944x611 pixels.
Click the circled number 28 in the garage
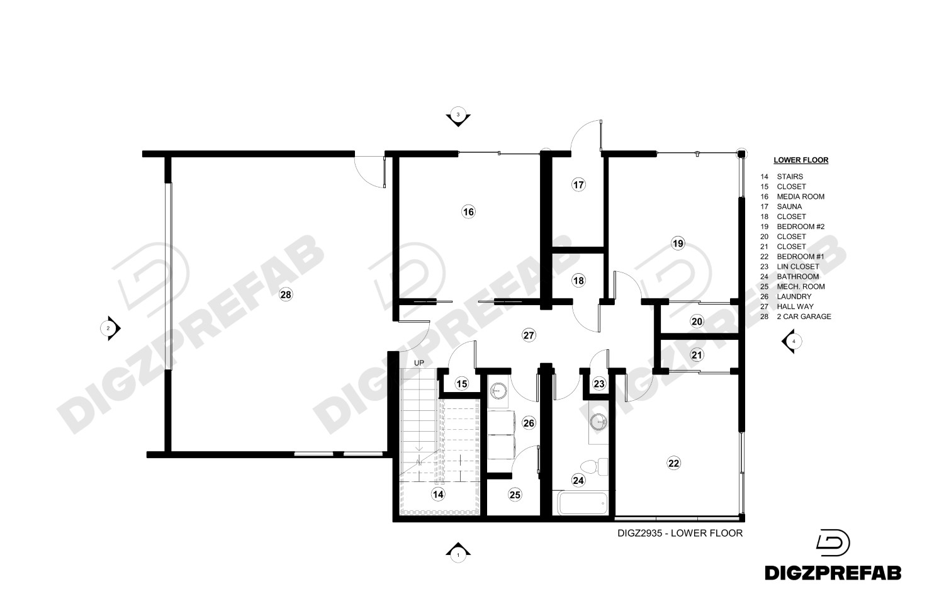click(x=286, y=295)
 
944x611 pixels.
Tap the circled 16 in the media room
click(x=468, y=211)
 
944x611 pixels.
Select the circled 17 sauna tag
click(x=578, y=184)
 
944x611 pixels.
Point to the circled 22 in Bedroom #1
click(x=674, y=464)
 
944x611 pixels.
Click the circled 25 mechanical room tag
click(x=515, y=495)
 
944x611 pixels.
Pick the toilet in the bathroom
click(x=594, y=466)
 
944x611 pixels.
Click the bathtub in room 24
click(x=583, y=503)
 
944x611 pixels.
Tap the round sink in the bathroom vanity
click(x=598, y=422)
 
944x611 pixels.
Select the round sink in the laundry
click(x=498, y=391)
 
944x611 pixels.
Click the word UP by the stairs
click(x=419, y=363)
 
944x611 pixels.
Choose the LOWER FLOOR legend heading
click(x=801, y=160)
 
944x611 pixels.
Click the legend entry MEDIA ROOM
click(x=801, y=197)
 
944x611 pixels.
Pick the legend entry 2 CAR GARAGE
click(x=804, y=317)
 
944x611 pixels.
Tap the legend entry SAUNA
click(x=789, y=206)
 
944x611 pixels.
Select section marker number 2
click(x=110, y=328)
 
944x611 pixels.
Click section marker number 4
click(x=792, y=341)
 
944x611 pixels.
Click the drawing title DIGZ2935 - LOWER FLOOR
click(x=680, y=533)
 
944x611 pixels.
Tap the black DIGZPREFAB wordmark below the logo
click(x=833, y=573)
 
